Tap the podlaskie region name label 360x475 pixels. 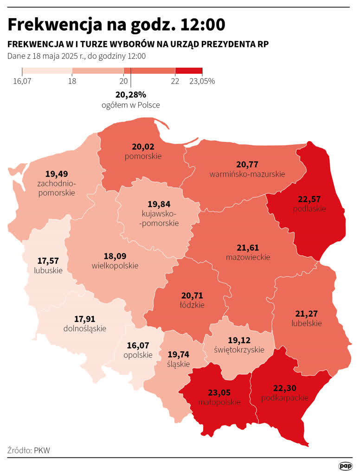(309, 209)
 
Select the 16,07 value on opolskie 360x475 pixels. (138, 346)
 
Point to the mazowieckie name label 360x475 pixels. (248, 257)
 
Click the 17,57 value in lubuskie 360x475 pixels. (48, 261)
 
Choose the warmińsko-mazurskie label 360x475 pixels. (247, 174)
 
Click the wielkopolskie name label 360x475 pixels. (115, 266)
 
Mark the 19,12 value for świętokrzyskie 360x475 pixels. (240, 340)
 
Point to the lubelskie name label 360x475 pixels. (307, 323)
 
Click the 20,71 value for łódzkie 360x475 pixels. (192, 295)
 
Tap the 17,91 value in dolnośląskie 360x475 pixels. (84, 319)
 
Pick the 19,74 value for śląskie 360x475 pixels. (178, 354)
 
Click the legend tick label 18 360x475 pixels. (72, 81)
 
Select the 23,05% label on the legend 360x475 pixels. (202, 81)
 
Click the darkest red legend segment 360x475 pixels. (189, 71)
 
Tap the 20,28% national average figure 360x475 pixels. (130, 95)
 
